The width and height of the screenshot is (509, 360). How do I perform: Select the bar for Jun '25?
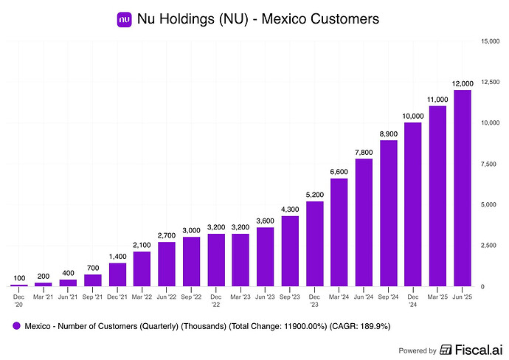[463, 188]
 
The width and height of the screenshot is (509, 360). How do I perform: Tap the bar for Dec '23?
[315, 243]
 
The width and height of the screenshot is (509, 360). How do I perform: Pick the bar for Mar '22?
[142, 269]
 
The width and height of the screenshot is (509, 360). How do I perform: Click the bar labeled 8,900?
[389, 212]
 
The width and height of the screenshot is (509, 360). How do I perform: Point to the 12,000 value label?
[463, 83]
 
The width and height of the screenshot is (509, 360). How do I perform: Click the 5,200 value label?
[315, 195]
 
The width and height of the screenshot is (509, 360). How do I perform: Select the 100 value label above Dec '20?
[19, 278]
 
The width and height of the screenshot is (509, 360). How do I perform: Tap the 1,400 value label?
[118, 257]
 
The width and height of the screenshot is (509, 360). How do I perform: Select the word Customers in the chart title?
[344, 19]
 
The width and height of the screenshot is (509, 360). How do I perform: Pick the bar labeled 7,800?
[364, 222]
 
